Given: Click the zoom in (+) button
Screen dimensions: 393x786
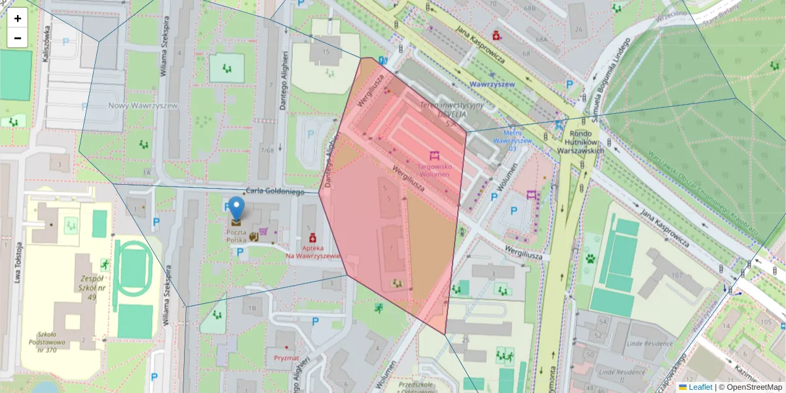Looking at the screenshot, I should click(18, 18).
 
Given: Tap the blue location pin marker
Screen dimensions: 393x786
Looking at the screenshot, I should click(236, 209).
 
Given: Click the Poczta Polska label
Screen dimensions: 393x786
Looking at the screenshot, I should click(236, 236).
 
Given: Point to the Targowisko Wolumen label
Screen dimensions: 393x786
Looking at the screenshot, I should click(435, 170).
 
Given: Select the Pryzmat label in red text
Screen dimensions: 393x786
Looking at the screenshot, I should click(286, 358).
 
